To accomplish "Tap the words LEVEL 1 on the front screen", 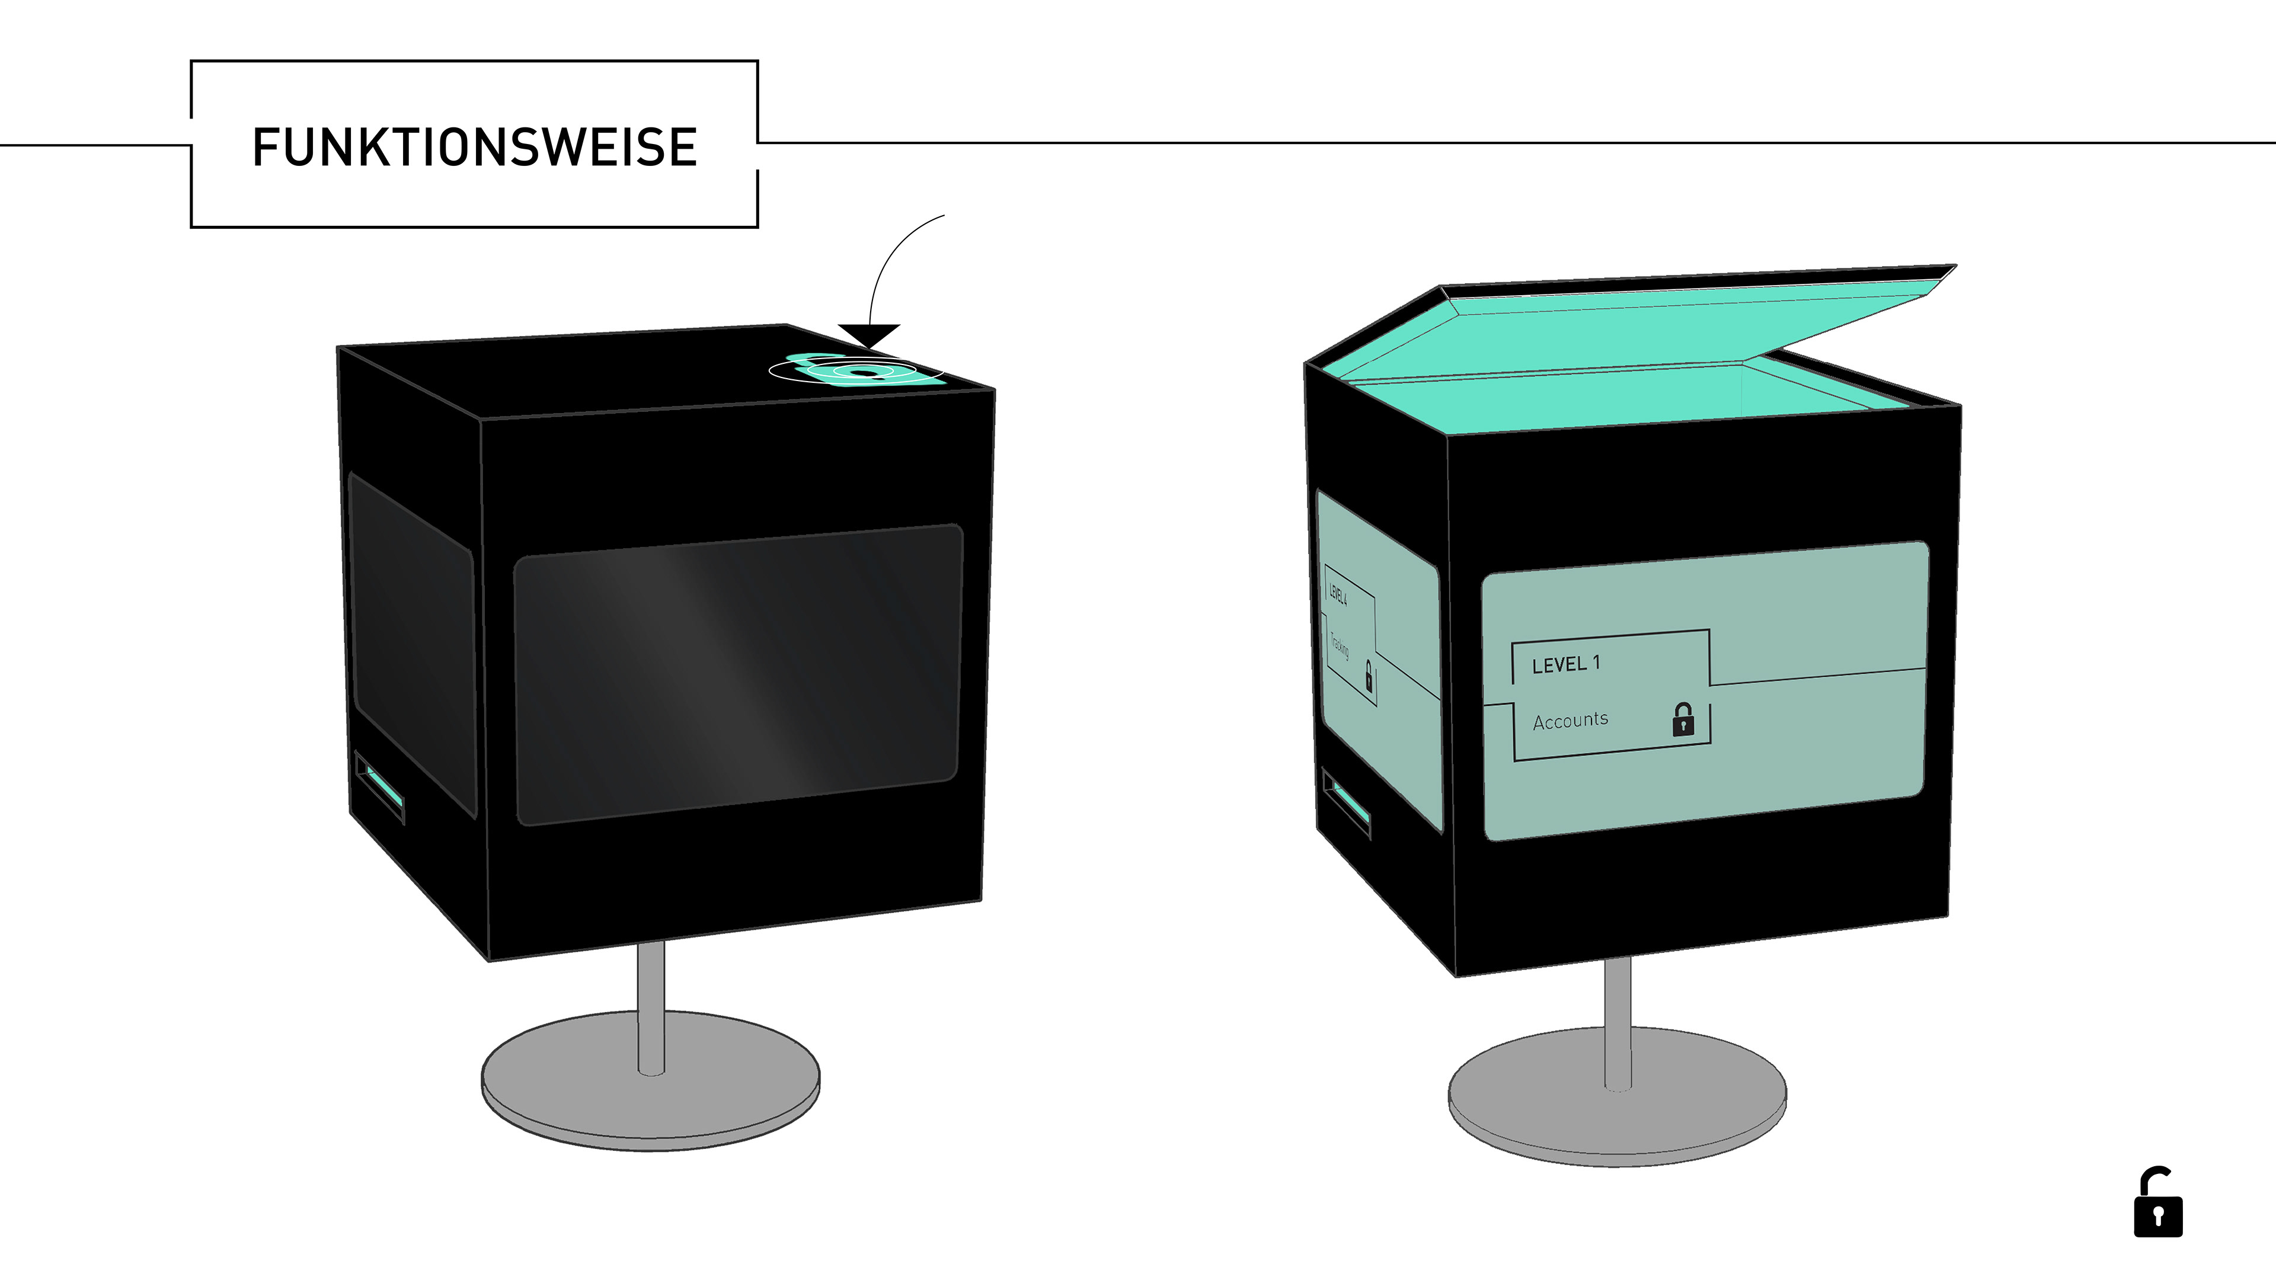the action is click(x=1565, y=664).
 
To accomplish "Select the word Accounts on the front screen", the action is click(x=1570, y=721).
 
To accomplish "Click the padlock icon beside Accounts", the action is click(x=1683, y=720).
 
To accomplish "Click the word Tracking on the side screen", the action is click(x=1340, y=648).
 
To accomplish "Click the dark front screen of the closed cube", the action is click(x=738, y=676).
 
